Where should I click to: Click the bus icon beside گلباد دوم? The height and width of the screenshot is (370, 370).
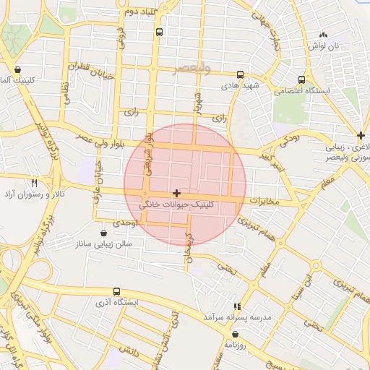pos(160,32)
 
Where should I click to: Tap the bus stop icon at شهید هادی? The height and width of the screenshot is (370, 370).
pos(241,74)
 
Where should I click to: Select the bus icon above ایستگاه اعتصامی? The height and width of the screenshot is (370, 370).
pos(301,79)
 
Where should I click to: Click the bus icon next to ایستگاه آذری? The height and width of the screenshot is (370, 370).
pos(117,292)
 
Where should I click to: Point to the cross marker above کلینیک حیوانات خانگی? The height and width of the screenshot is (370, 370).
pos(177,193)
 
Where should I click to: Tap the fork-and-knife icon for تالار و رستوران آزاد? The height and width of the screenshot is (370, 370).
pos(34,183)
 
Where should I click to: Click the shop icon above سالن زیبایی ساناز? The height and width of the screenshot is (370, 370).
pos(106,233)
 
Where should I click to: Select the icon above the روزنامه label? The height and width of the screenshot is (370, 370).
pos(236,333)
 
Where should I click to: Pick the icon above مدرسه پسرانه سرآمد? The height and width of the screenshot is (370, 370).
pos(237,306)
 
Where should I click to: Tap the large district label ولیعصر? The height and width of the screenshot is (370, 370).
pos(192,69)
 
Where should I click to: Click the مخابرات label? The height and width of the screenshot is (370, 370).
pos(263,200)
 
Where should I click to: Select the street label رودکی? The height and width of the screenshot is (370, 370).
pos(289,138)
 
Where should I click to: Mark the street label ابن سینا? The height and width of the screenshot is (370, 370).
pos(311,277)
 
